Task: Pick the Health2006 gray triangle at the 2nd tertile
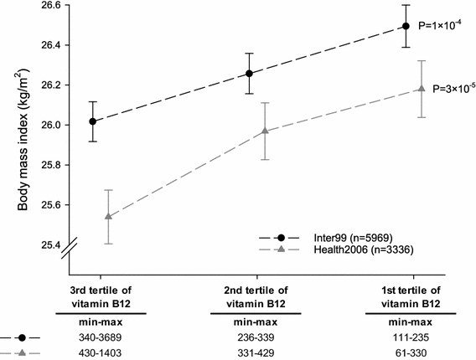[x=265, y=131]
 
